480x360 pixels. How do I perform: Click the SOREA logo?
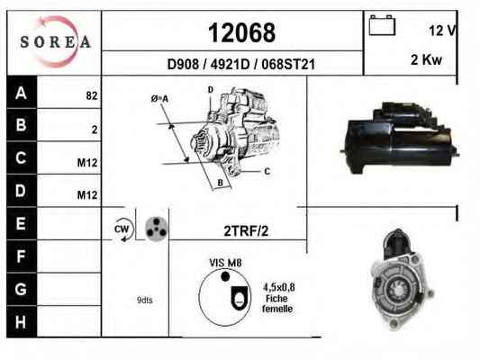click(x=55, y=41)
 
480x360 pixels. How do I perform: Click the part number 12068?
click(x=242, y=32)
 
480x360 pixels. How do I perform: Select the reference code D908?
click(x=183, y=64)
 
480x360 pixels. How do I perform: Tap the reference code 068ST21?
click(x=288, y=64)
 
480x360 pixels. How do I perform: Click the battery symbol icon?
click(x=382, y=25)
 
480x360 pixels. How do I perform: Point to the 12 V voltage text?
click(x=442, y=31)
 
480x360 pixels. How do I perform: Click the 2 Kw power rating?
click(x=426, y=59)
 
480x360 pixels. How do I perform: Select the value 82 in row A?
click(x=92, y=95)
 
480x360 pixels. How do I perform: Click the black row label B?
click(x=21, y=125)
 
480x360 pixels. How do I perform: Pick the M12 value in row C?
click(x=87, y=163)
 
